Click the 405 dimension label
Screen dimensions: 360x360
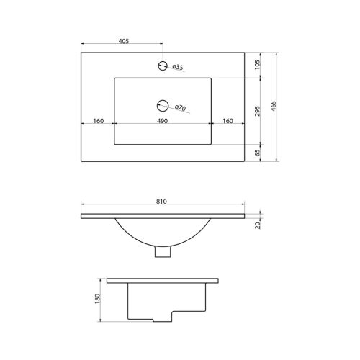124,41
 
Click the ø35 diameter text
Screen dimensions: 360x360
178,67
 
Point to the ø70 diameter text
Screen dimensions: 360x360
181,108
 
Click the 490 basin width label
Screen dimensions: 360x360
162,121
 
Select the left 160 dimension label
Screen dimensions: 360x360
99,121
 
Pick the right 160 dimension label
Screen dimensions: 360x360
228,121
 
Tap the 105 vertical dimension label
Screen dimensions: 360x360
257,65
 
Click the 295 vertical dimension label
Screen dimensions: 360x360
257,111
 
